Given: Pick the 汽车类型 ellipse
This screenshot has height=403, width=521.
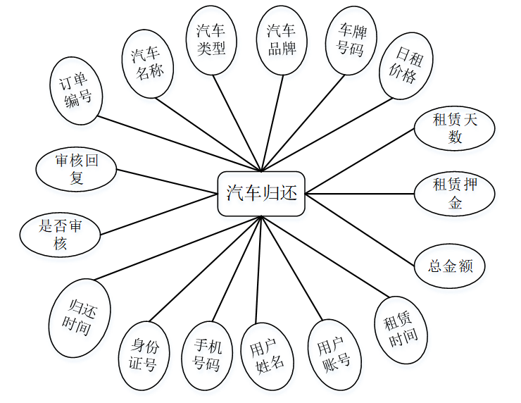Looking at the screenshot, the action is point(211,39).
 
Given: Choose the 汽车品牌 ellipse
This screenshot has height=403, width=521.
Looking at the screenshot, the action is point(282,39).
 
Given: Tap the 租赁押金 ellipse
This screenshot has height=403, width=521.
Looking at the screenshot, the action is point(455,193).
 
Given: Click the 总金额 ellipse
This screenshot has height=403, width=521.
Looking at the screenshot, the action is point(451,266).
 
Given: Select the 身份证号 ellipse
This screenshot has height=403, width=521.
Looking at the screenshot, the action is point(146,355).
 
